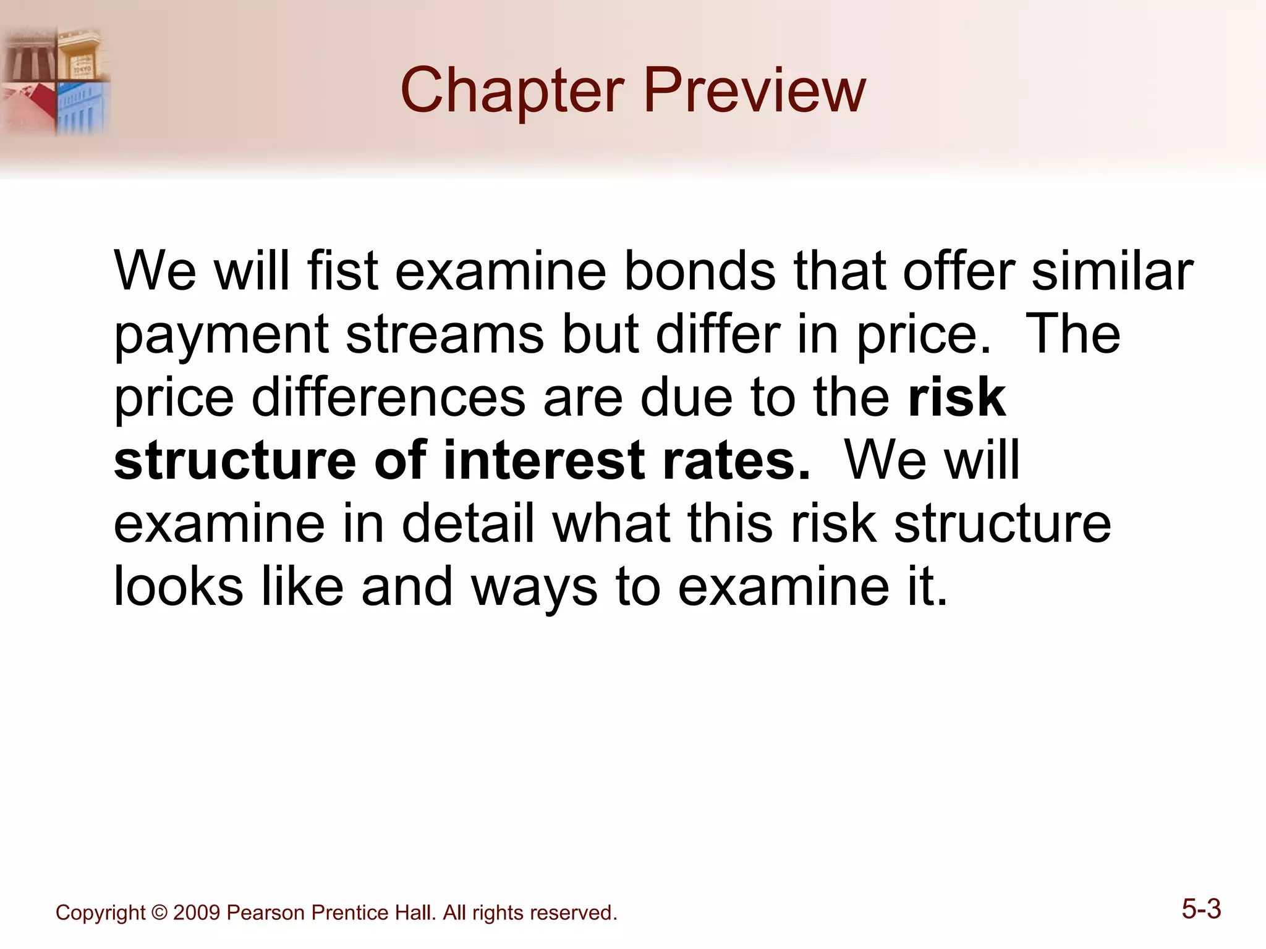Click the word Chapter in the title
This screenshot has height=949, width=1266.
pyautogui.click(x=512, y=91)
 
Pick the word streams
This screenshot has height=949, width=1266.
pyautogui.click(x=444, y=334)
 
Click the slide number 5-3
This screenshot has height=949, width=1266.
pyautogui.click(x=1201, y=909)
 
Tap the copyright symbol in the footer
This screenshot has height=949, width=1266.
pyautogui.click(x=159, y=913)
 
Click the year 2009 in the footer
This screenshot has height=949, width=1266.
pyautogui.click(x=197, y=913)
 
